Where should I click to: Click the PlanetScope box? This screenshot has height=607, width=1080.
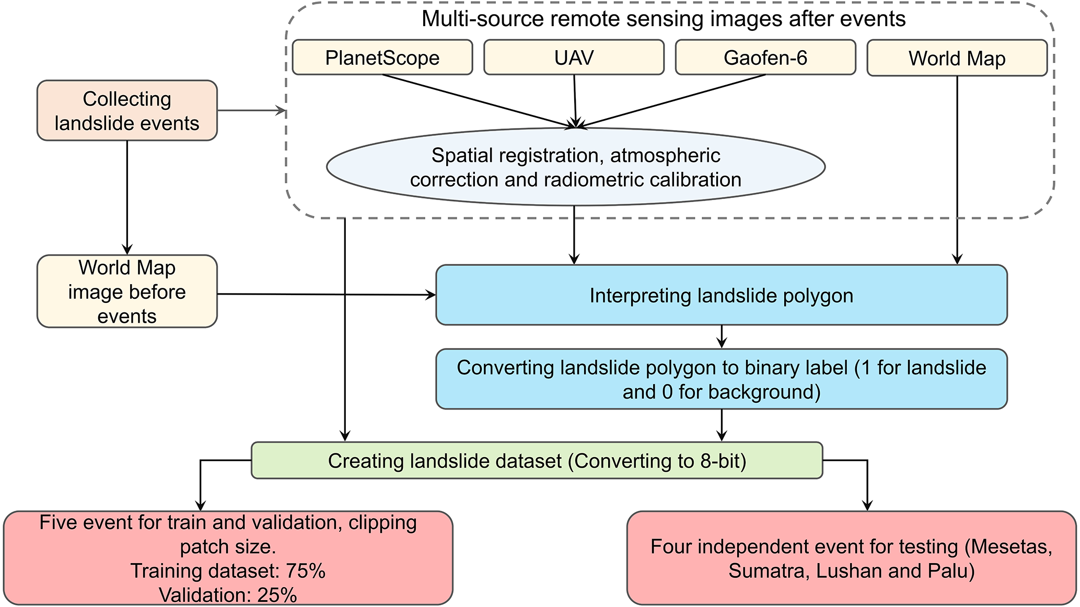coord(382,57)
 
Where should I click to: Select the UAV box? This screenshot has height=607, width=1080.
coord(574,57)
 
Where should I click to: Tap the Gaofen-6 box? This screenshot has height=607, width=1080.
coord(765,57)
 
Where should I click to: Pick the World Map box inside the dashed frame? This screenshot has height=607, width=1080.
coord(957,58)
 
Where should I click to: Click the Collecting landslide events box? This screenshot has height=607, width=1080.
coord(127,111)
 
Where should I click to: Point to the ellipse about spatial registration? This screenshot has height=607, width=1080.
coord(575,167)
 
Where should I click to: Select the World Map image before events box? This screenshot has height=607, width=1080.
coord(127,291)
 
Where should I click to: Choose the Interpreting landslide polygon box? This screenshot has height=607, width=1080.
coord(721,295)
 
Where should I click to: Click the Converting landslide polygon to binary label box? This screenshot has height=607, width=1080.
coord(721,379)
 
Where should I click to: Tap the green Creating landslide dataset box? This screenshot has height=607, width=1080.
coord(537,461)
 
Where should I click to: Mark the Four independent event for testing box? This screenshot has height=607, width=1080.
coord(851,558)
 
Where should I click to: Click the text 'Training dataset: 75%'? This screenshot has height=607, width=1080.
coord(228,571)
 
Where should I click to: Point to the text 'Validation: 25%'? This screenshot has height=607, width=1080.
coord(228,595)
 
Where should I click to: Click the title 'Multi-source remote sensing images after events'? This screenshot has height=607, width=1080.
coord(663,19)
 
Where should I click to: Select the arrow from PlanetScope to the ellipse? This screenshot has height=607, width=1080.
coord(478,101)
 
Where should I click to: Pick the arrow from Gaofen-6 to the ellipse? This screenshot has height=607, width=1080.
coord(671,101)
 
